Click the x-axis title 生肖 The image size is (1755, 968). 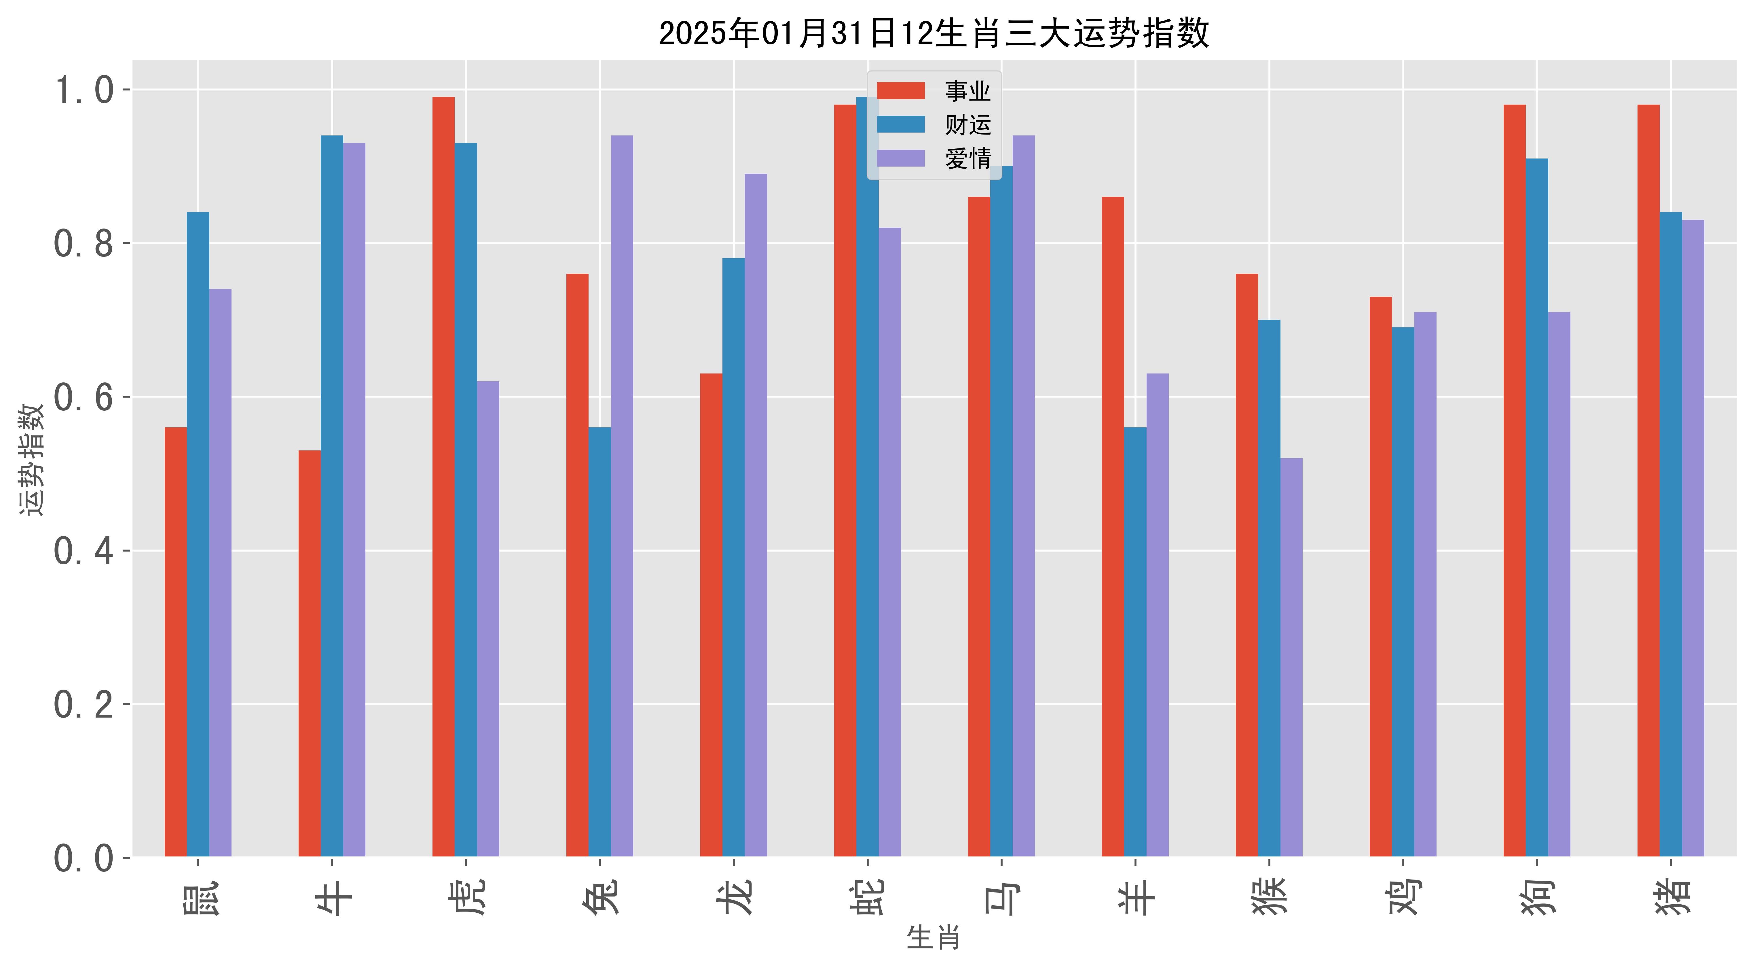coord(934,938)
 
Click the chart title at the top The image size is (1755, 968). coord(934,33)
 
